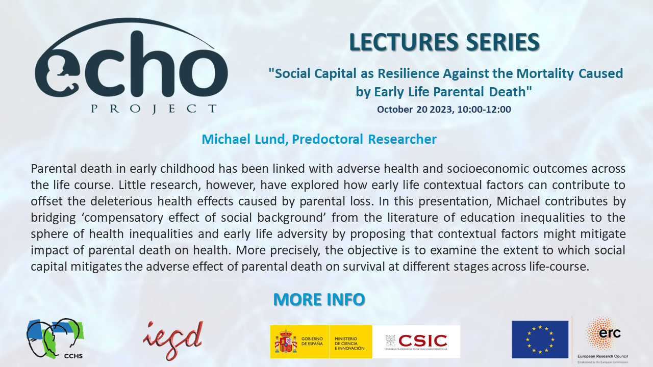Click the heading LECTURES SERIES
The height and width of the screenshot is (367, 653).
tap(444, 42)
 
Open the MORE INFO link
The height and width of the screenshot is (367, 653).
tap(319, 299)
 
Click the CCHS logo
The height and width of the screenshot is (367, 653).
tap(55, 338)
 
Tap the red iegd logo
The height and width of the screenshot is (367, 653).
tap(173, 340)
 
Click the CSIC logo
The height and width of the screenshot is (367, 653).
tap(416, 342)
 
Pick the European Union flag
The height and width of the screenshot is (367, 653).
tap(540, 339)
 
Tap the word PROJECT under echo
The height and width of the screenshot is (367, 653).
tap(153, 109)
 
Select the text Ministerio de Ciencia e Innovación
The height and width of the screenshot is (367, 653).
tap(349, 343)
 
